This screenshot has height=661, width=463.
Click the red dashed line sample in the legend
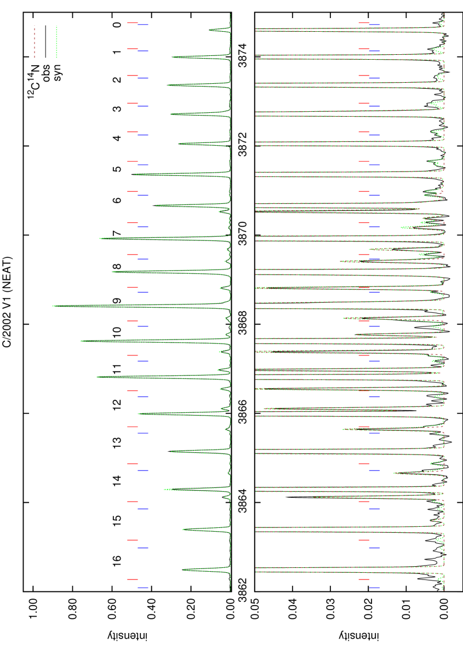coord(35,41)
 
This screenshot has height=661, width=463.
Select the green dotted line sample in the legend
coord(56,41)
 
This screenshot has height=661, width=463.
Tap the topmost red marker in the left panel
coord(133,23)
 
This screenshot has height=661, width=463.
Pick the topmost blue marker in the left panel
coord(143,25)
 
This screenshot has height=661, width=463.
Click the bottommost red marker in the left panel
coord(133,579)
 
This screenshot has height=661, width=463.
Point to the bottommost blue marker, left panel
coord(143,588)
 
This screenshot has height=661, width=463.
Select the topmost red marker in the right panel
coord(364,23)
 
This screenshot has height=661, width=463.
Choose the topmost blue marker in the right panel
coord(374,25)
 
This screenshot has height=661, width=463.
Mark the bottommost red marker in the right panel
coord(364,579)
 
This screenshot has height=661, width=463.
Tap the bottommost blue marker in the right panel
coord(374,588)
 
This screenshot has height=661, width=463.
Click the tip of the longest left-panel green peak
coord(53,306)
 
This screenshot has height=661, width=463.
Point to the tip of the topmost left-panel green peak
coord(210,30)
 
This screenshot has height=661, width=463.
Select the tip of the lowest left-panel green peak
coord(184,570)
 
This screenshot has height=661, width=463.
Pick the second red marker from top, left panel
coord(133,49)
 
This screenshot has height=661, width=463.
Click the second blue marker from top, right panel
coord(374,51)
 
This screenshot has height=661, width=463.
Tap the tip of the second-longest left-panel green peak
coord(81,341)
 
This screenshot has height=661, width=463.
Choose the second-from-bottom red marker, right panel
coord(364,540)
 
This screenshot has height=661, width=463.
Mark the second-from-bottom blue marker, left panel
coord(143,548)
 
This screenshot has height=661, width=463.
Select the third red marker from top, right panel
coord(364,76)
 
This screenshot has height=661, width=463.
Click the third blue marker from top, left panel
coord(143,78)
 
